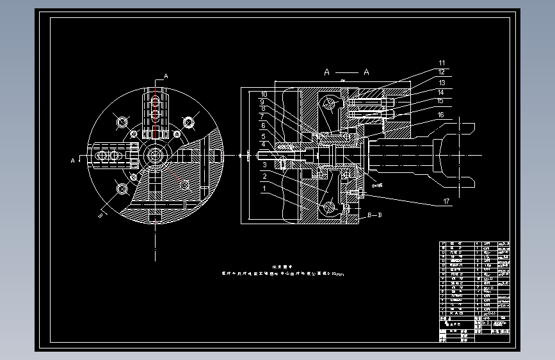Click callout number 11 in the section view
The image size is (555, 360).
pyautogui.click(x=441, y=63)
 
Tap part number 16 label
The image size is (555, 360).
pyautogui.click(x=441, y=115)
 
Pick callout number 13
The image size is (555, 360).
pyautogui.click(x=441, y=83)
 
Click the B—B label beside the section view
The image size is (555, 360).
pyautogui.click(x=374, y=215)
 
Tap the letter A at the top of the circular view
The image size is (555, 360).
pyautogui.click(x=166, y=76)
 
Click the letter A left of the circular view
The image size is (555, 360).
pyautogui.click(x=72, y=160)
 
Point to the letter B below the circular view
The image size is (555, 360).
pyautogui.click(x=101, y=216)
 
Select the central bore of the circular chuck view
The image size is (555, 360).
pyautogui.click(x=155, y=155)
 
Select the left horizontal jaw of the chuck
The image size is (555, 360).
pyautogui.click(x=114, y=155)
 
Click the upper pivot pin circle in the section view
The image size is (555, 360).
pyautogui.click(x=330, y=102)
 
